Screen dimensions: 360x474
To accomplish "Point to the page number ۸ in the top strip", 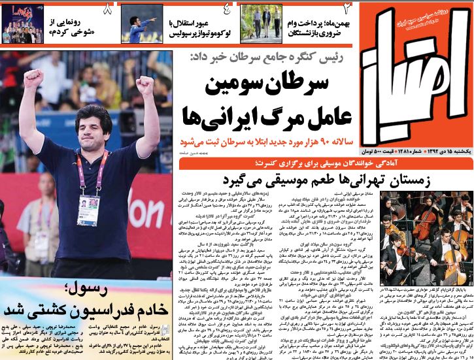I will click(108, 9).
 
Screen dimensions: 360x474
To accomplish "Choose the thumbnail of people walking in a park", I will click(258, 22).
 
